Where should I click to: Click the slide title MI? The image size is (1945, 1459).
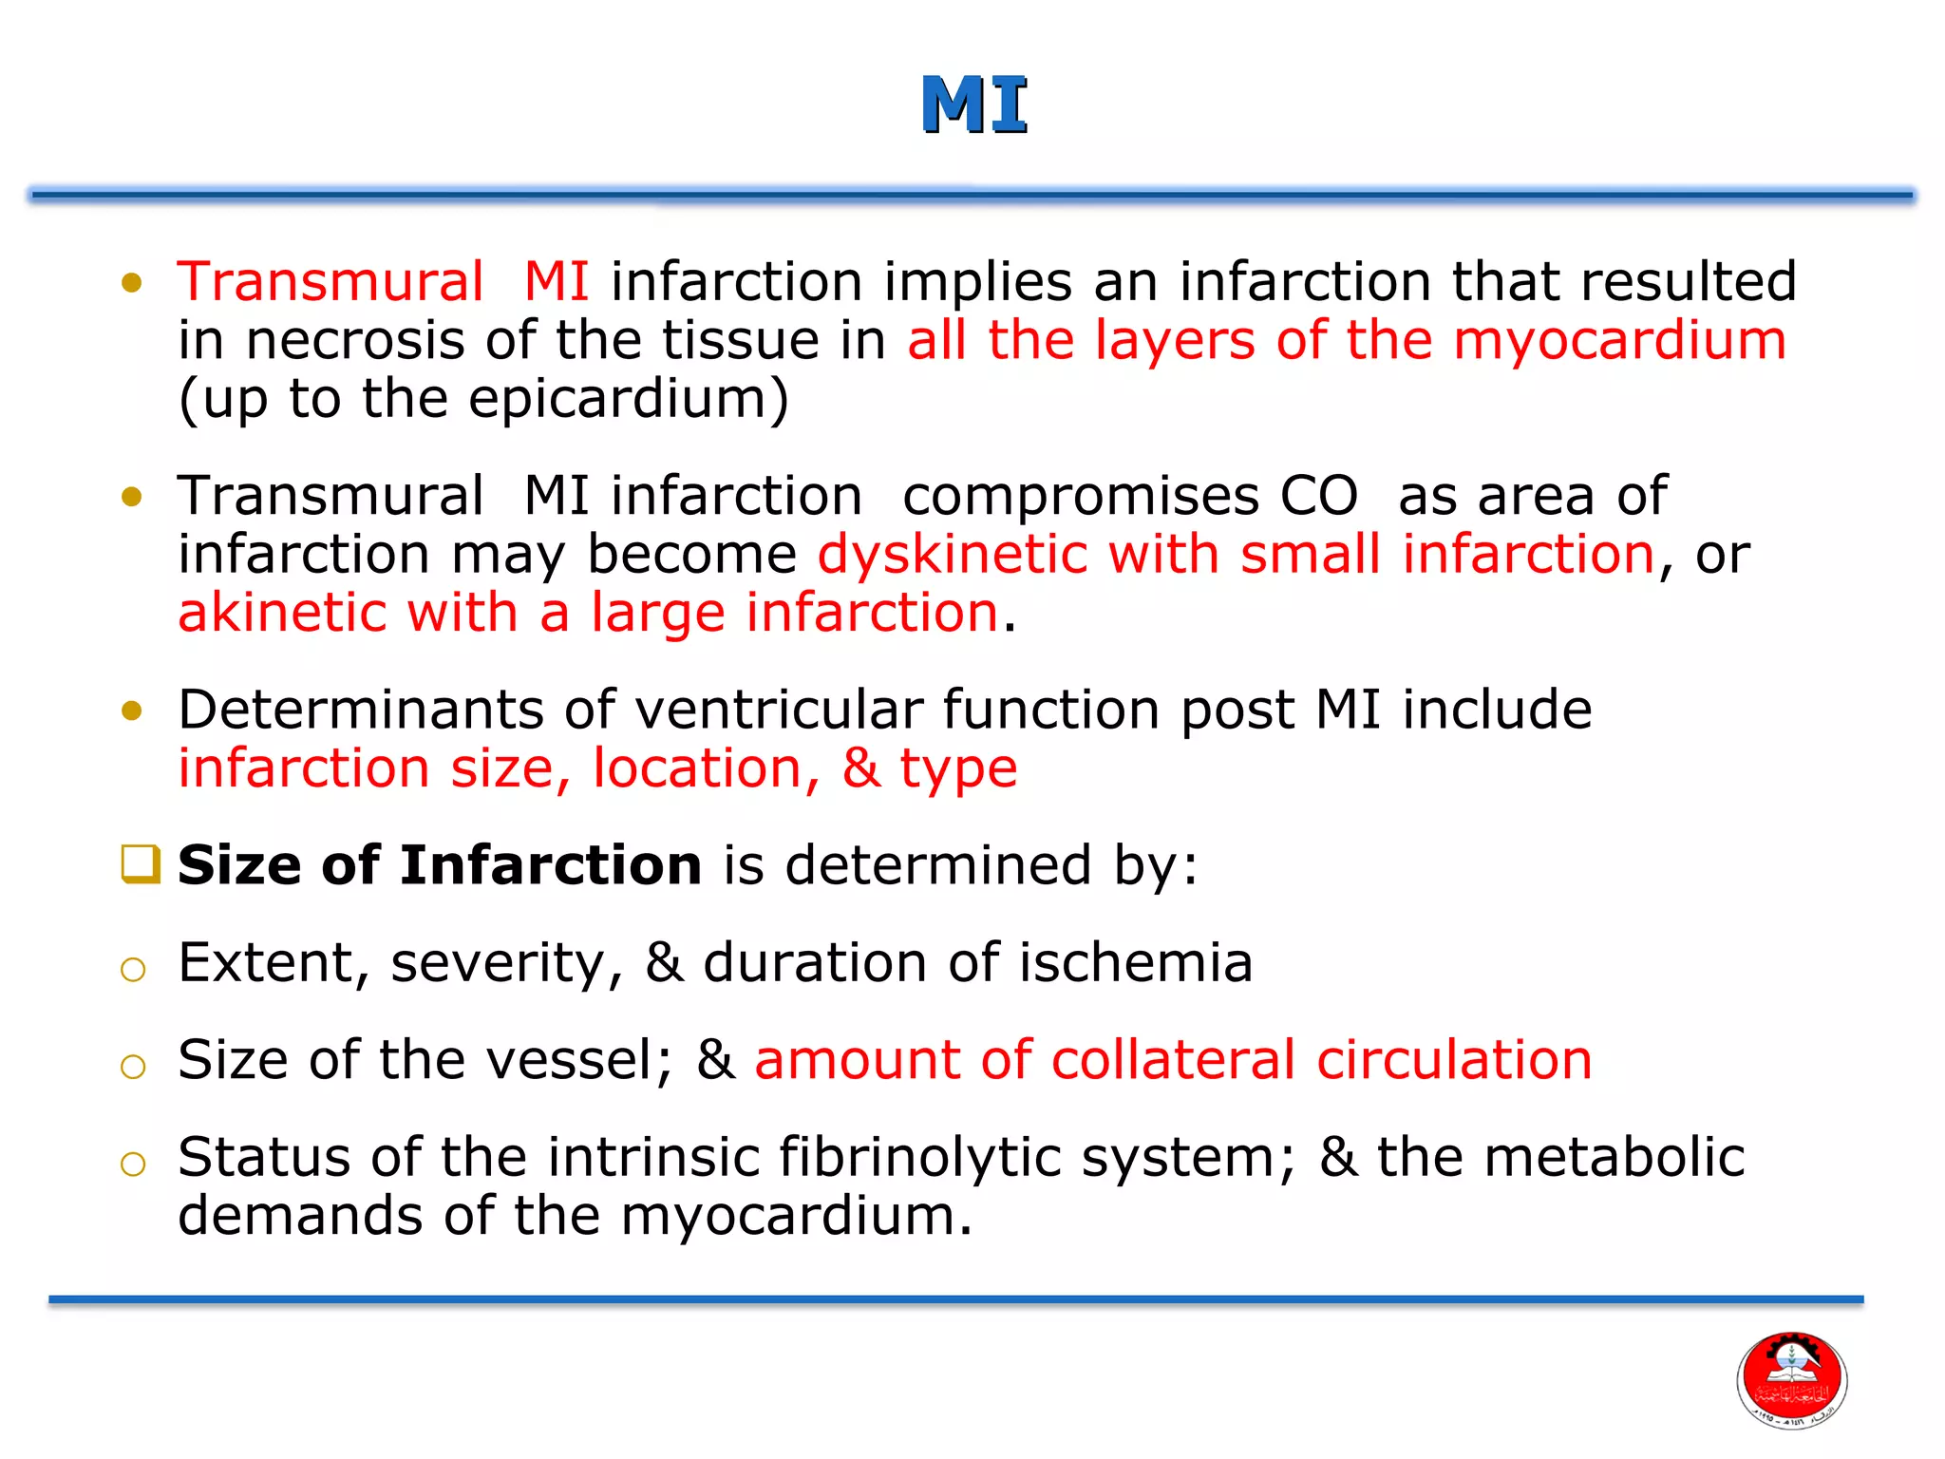pos(974,105)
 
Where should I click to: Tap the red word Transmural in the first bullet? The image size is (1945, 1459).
pos(330,282)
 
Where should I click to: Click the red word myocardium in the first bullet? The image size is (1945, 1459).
pos(1619,341)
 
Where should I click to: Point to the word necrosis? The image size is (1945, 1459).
pos(355,341)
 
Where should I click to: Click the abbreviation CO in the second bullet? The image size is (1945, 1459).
pos(1318,496)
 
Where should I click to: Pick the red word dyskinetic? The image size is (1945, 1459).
pos(952,555)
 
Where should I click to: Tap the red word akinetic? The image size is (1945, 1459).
pos(281,613)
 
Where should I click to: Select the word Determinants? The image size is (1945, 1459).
pos(360,710)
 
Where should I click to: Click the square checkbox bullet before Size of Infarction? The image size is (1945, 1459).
pos(141,864)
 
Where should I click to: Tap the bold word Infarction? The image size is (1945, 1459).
pos(550,865)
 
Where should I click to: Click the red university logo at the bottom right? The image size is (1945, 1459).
pos(1791,1380)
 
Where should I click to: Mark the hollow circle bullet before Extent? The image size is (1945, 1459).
pos(133,970)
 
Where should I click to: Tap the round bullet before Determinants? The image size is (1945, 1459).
pos(132,711)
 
